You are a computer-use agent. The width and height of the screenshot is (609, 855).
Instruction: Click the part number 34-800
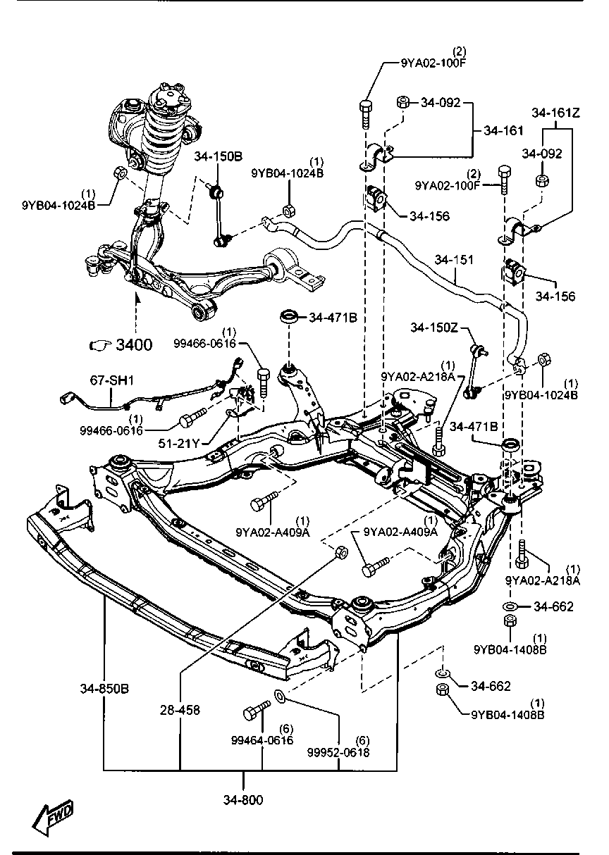(243, 798)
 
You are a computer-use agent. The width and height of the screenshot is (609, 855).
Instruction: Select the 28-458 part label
(180, 710)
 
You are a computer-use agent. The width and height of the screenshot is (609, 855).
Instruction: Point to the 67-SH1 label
(112, 380)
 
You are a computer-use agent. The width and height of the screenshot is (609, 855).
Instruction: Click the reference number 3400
(134, 344)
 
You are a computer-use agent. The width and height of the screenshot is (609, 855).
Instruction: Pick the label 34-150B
(219, 156)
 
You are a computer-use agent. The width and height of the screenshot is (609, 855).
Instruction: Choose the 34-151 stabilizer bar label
(454, 260)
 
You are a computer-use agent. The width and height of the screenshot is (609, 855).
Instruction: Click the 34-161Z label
(556, 113)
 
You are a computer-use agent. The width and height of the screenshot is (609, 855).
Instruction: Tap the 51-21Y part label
(179, 443)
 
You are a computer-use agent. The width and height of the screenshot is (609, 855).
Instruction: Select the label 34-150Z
(434, 327)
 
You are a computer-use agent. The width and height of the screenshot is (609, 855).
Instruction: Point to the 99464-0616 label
(262, 740)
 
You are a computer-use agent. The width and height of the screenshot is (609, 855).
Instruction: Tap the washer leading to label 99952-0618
(280, 697)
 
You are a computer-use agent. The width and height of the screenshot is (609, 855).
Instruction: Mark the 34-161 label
(503, 130)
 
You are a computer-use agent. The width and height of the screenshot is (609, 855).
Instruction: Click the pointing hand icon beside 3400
(100, 345)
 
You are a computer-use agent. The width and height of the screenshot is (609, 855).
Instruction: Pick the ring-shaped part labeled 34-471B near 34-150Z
(510, 444)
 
